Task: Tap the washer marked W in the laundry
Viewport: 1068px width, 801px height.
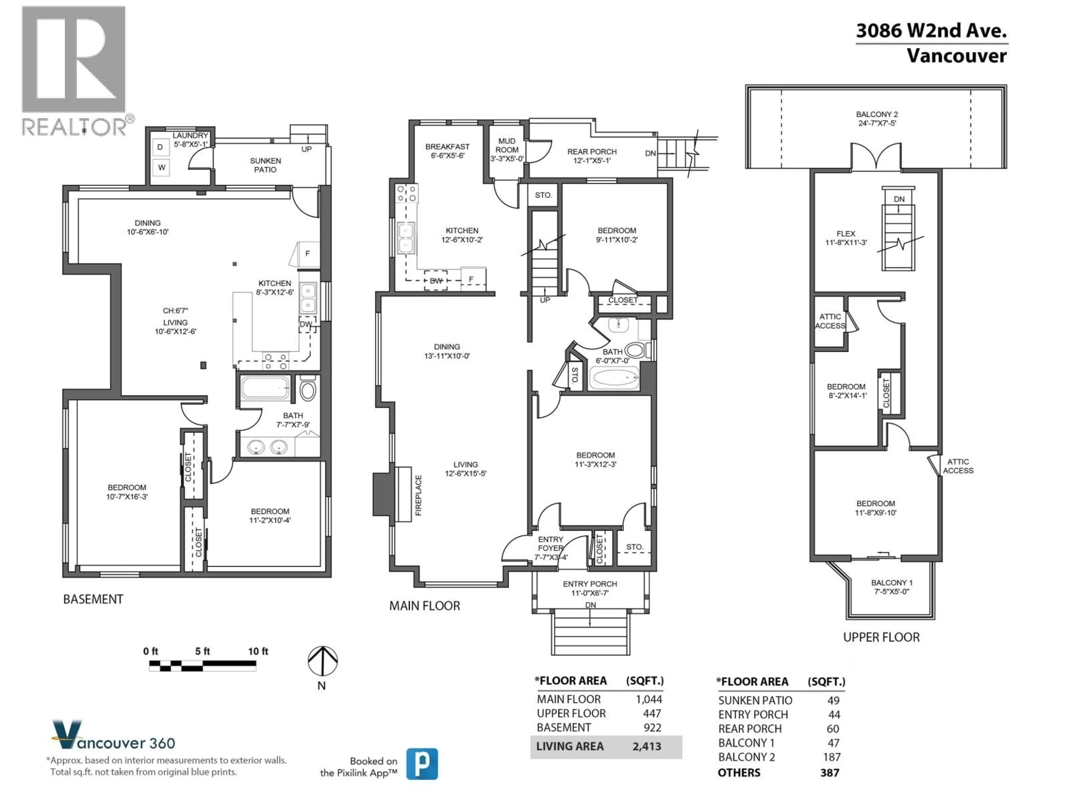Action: click(x=161, y=167)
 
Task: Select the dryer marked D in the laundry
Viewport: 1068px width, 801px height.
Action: click(x=160, y=147)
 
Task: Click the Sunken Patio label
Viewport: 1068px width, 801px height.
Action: click(x=265, y=165)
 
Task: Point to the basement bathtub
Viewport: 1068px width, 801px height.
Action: click(x=265, y=387)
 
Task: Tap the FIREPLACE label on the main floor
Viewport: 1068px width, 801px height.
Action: click(x=418, y=495)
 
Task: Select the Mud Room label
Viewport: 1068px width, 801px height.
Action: click(x=506, y=145)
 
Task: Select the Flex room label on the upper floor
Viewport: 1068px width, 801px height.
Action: click(x=845, y=234)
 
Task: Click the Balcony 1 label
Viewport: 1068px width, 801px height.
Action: click(x=891, y=583)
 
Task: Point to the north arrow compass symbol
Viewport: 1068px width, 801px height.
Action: click(x=323, y=661)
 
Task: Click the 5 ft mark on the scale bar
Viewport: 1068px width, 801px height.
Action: click(x=202, y=651)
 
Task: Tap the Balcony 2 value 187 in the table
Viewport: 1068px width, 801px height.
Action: click(x=831, y=757)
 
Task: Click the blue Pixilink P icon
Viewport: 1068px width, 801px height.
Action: click(x=422, y=764)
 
